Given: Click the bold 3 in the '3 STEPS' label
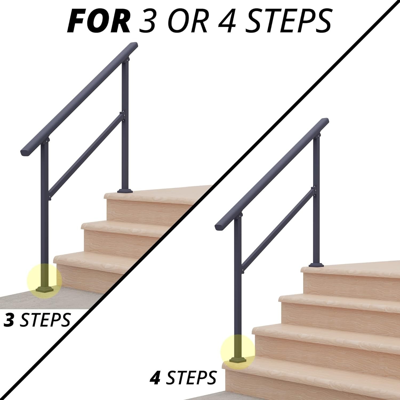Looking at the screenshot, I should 9,320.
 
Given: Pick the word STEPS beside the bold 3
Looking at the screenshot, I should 45,320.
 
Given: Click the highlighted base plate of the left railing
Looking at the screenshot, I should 45,289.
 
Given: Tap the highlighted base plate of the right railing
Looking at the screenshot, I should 238,360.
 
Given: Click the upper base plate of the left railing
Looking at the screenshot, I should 125,191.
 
